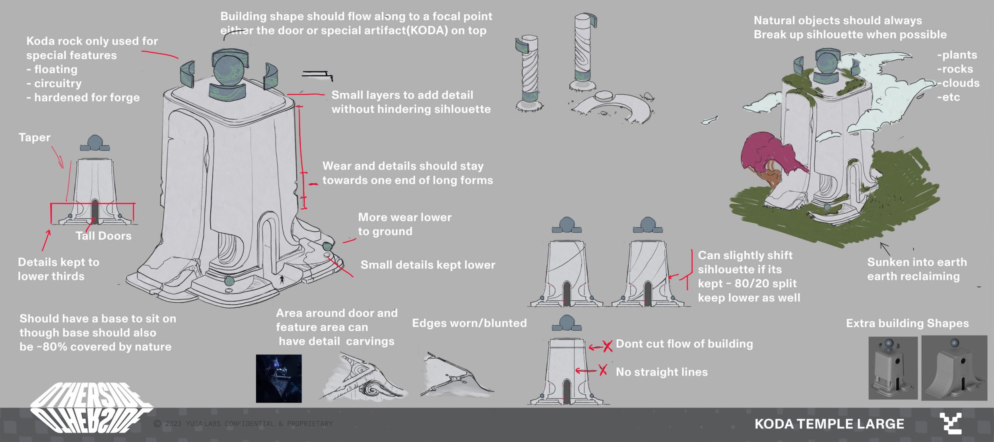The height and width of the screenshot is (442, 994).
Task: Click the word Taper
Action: tap(35, 138)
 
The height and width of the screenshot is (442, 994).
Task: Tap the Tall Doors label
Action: tap(103, 236)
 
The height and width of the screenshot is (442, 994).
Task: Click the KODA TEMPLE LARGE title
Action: tap(829, 424)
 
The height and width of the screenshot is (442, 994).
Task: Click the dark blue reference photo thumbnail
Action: tap(278, 378)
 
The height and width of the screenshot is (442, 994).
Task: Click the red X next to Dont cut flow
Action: tap(608, 346)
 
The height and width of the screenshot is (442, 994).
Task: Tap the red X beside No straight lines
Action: tap(603, 370)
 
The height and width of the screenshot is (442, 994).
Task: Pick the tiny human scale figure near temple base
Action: tap(282, 279)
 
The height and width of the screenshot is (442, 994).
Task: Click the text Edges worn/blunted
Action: tap(469, 323)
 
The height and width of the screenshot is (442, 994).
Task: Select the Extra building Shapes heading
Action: tap(907, 323)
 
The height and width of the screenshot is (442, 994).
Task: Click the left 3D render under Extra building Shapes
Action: tap(893, 368)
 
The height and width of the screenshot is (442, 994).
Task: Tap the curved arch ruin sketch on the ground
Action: tap(612, 105)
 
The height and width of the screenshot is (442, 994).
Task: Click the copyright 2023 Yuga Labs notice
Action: tap(243, 424)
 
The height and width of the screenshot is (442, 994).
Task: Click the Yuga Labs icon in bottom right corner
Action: tap(951, 423)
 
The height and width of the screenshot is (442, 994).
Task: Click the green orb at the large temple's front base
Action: tap(229, 281)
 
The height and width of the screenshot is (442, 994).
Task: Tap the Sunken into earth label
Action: tap(916, 263)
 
